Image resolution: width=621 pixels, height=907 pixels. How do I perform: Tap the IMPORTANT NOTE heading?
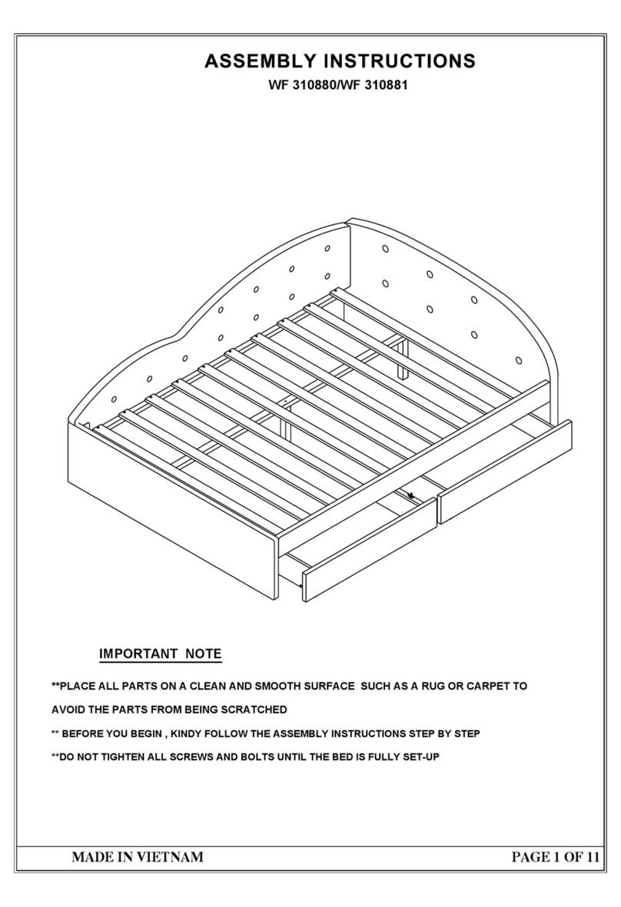point(160,654)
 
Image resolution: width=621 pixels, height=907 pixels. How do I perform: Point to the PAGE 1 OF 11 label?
point(554,857)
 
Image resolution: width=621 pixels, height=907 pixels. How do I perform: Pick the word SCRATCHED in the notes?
point(253,710)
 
